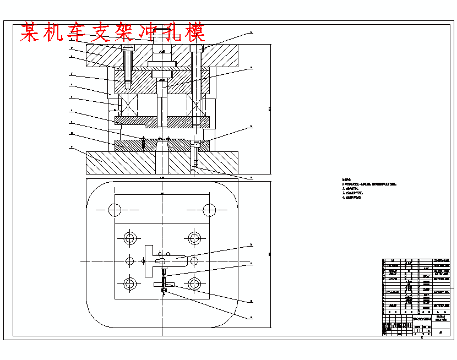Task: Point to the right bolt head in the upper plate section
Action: (x=195, y=48)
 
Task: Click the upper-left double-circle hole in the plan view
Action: (x=130, y=238)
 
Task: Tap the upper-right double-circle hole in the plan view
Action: (x=194, y=238)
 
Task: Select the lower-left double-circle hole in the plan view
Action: (x=130, y=284)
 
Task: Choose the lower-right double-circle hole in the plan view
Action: (x=194, y=284)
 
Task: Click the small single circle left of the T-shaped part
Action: (x=130, y=260)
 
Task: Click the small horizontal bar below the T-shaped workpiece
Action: (x=164, y=284)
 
